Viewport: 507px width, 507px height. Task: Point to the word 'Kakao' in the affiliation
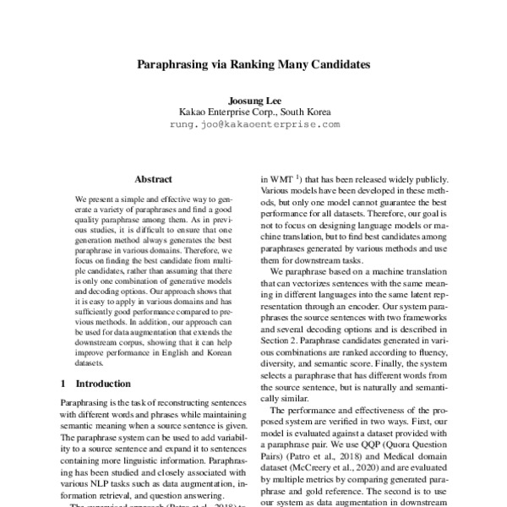[x=194, y=111]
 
